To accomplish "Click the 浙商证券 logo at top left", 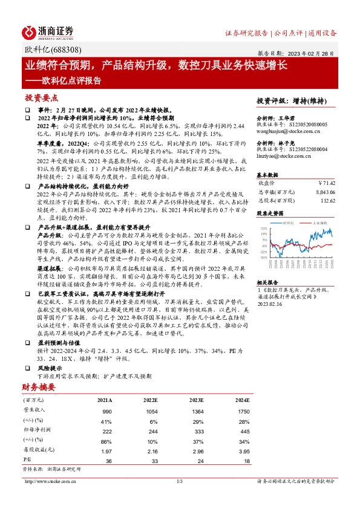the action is [48, 32].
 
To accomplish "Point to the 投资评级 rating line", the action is [286, 100].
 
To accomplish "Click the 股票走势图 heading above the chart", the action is [270, 213].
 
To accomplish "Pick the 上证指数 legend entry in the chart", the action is [319, 223].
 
